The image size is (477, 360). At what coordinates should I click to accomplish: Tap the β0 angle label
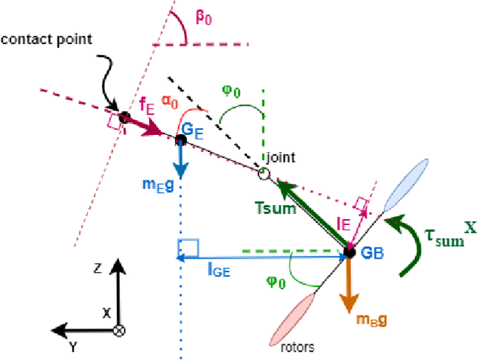point(203,17)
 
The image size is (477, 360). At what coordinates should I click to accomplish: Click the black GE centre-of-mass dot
point(180,139)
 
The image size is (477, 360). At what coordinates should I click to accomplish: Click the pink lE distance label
point(343,221)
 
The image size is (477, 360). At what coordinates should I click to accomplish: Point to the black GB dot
point(347,253)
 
